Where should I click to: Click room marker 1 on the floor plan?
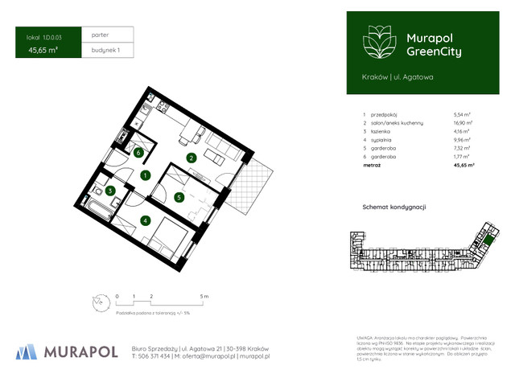146,175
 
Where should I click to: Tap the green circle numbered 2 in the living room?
191,158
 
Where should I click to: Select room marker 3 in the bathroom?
111,191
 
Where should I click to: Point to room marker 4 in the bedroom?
146,220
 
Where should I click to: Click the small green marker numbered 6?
138,153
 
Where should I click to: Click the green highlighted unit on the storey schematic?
488,239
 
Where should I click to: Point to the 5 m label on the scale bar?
204,297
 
